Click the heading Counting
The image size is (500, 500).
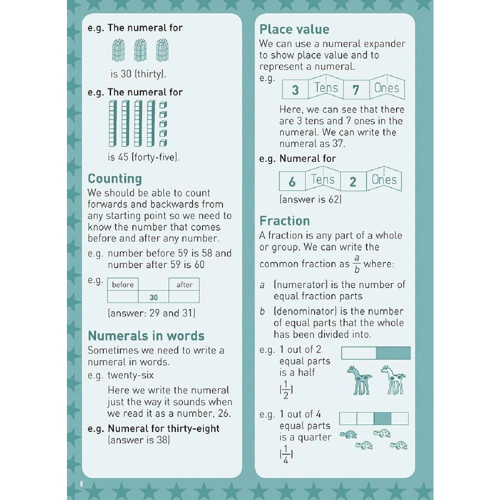coord(115,178)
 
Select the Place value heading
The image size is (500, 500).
coord(294,29)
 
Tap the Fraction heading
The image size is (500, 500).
coord(284,221)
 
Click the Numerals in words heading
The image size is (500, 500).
coord(146,335)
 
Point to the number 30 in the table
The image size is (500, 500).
coord(153,297)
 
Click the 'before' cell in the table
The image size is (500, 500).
coord(123,284)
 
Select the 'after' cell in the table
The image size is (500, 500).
coord(184,284)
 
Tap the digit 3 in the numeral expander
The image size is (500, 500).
coord(295,90)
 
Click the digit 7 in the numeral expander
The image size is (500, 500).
coord(356,90)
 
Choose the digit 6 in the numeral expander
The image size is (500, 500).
coord(292,182)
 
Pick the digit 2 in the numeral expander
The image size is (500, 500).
coord(353,182)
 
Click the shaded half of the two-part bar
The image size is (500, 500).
coord(393,353)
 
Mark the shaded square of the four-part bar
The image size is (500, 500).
coord(382,418)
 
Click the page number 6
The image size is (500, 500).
coord(79,484)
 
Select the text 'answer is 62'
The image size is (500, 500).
coord(310,199)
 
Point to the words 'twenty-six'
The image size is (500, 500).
coord(131,375)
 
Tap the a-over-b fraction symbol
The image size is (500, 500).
coord(356,263)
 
